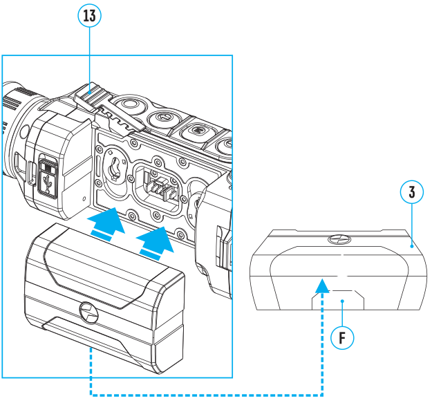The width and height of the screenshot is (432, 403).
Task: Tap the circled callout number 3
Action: [412, 192]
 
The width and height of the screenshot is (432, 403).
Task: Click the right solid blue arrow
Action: [156, 241]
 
